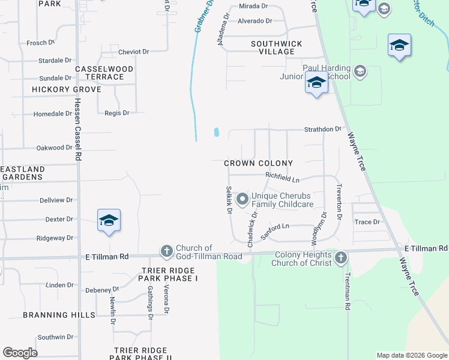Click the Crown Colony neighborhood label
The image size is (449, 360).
258,163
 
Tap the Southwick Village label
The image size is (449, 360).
276,47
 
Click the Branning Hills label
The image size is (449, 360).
59,315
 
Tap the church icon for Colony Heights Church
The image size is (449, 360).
341,257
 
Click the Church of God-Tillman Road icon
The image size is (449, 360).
166,250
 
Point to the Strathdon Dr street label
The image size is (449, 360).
322,129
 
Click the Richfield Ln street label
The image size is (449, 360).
282,178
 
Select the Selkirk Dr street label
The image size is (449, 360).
229,200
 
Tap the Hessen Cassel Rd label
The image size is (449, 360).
78,137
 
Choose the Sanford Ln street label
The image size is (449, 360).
275,231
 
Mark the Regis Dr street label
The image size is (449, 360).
116,113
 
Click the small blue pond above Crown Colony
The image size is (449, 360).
216,132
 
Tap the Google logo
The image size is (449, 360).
20,353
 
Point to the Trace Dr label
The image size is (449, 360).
367,222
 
